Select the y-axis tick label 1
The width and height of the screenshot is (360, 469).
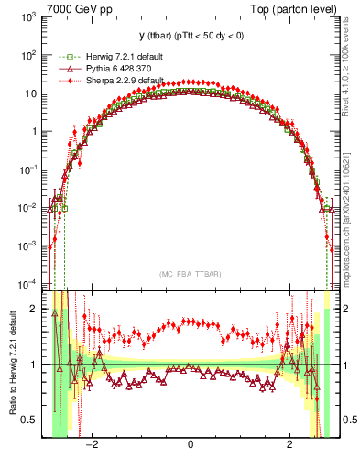coord(33,131)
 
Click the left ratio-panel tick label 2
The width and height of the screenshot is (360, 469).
coord(34,310)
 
